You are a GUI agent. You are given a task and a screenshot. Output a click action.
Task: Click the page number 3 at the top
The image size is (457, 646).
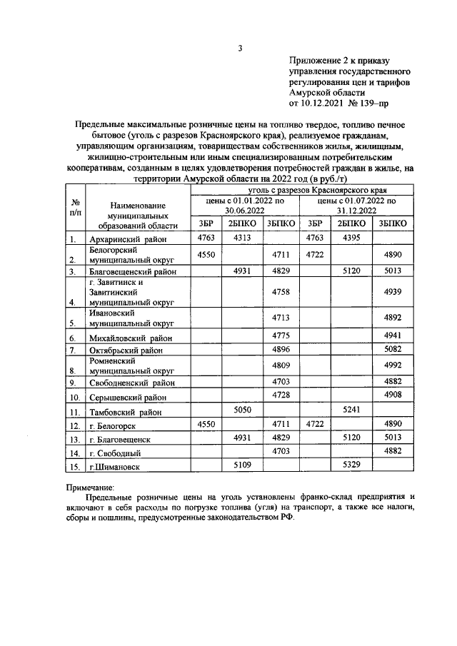tap(240, 49)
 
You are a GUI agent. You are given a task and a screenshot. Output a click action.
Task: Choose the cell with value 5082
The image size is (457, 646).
tap(393, 349)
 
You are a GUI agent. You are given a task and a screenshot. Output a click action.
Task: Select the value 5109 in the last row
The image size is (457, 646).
tap(243, 465)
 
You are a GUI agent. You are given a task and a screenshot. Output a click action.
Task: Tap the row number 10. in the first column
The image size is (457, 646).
tap(74, 397)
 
